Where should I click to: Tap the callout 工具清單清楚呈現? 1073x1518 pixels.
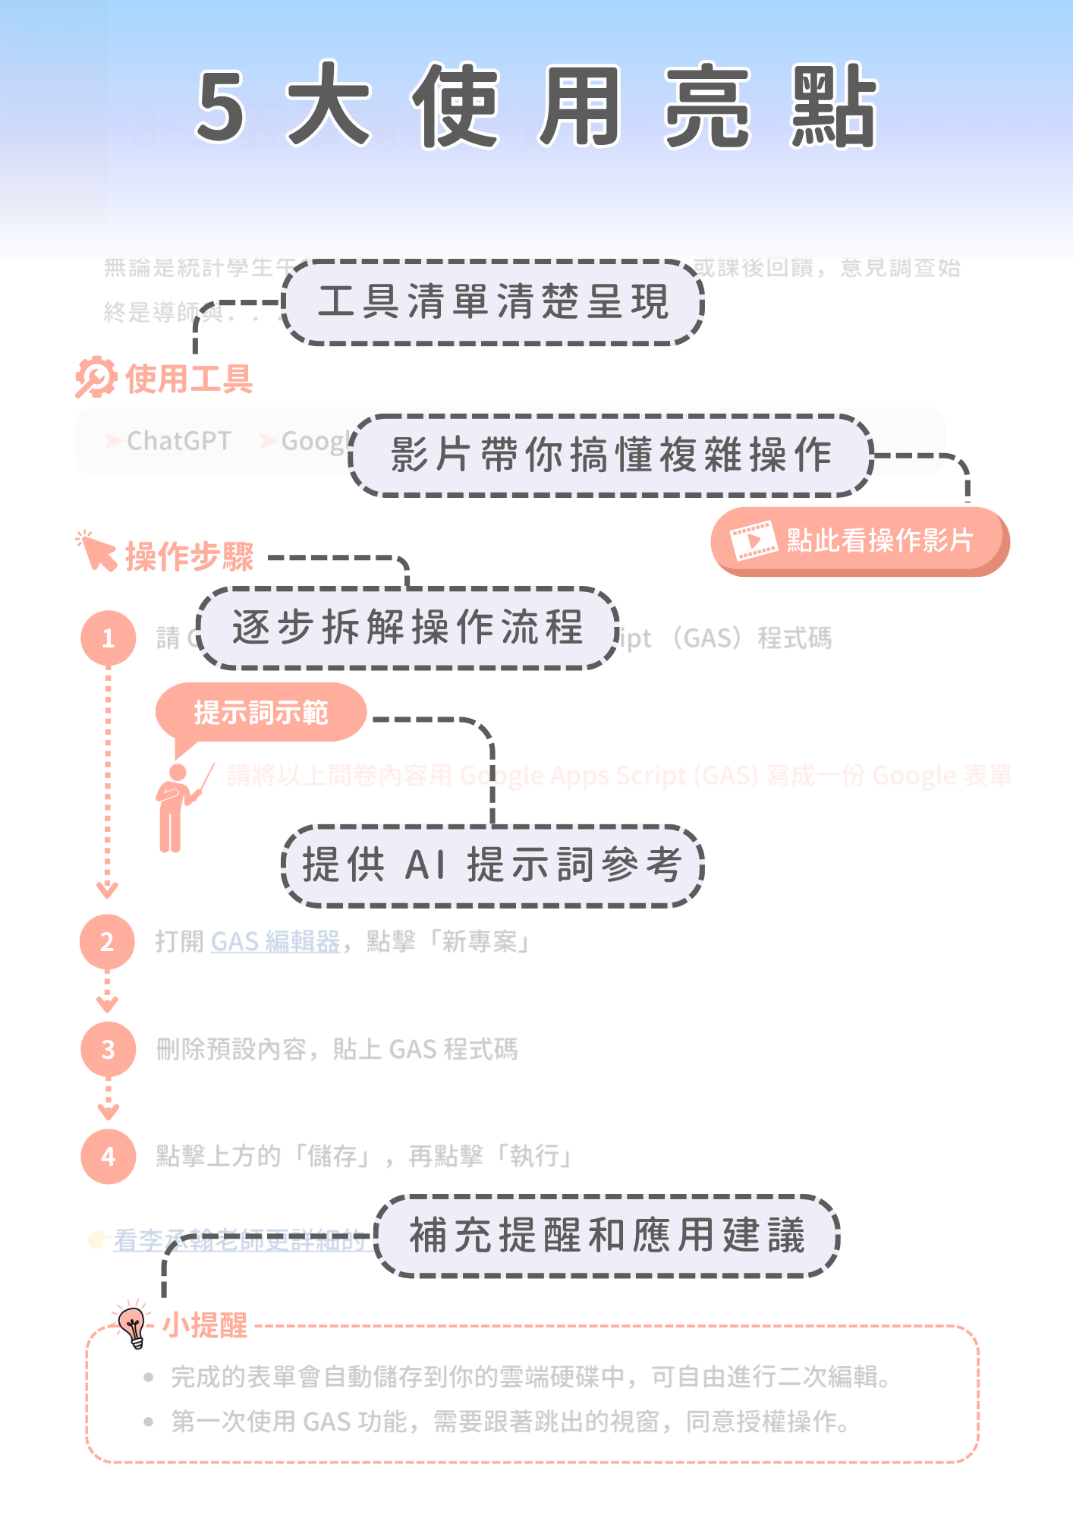pos(493,302)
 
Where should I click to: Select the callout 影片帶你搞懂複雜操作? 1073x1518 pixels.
pos(612,455)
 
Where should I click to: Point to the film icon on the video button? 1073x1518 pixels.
pos(753,540)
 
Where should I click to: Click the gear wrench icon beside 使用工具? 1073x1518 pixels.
pos(96,377)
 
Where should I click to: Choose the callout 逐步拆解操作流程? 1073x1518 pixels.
pos(408,628)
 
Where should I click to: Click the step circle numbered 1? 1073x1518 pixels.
pos(109,638)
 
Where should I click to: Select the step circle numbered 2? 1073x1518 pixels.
pos(108,942)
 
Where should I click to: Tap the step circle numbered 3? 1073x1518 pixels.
pos(109,1050)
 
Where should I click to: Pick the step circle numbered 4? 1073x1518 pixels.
pos(109,1157)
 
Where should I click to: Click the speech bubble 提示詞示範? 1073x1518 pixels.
pos(261,712)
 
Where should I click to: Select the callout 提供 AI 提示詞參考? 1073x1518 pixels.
pos(492,865)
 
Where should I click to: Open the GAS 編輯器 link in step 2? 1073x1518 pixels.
pos(275,942)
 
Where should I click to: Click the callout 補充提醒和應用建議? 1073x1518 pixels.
pos(607,1235)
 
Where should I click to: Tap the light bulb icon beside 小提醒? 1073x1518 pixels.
pos(134,1326)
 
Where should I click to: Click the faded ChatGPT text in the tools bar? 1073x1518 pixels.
pos(178,441)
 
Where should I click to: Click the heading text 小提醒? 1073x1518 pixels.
pos(205,1326)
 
